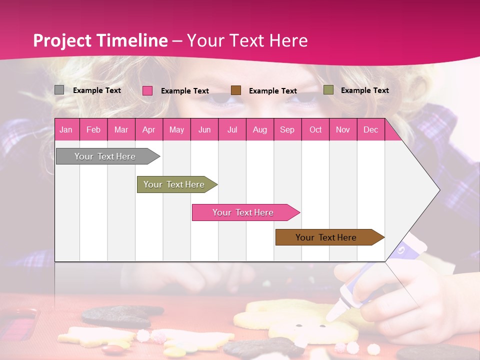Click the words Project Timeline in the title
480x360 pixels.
(100, 40)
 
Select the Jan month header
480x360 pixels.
(66, 129)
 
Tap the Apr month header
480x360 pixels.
(149, 129)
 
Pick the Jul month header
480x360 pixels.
(232, 129)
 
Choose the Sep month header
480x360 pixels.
(287, 129)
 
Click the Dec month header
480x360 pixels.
(370, 129)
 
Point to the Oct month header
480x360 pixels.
(315, 129)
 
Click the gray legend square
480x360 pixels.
(59, 90)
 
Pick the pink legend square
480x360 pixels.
(147, 90)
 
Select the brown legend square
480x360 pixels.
(236, 90)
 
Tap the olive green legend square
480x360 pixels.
(328, 90)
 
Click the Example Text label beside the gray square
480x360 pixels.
(97, 90)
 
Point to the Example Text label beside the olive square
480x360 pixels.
(364, 90)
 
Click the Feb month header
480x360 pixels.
(93, 129)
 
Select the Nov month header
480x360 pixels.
(343, 129)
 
